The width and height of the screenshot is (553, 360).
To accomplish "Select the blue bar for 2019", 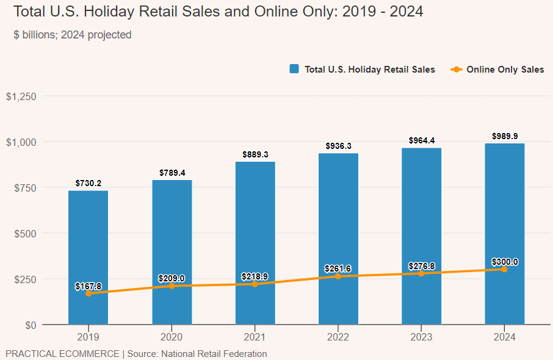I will coord(88,244).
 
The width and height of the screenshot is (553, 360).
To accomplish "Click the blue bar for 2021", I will coord(255,232).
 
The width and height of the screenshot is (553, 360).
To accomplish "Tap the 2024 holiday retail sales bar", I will coord(504,220).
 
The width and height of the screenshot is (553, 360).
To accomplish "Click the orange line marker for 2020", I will coord(172,286).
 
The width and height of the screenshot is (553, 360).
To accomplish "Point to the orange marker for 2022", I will coord(338,276).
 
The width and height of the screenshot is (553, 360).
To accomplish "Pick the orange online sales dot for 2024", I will coord(504,269).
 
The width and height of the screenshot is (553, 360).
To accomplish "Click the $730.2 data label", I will coord(88,183).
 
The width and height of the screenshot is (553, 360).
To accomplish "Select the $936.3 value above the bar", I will coord(338,146).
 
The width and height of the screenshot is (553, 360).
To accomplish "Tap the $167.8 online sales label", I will coord(88,286).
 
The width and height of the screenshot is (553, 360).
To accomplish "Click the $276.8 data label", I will coord(421,266).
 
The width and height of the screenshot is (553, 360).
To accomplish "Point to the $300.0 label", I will coord(504,262).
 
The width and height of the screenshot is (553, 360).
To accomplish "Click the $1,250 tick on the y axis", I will coord(21,96).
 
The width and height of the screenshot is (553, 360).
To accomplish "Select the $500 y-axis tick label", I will coord(26,233).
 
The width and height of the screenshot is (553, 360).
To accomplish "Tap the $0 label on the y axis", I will coord(31,325).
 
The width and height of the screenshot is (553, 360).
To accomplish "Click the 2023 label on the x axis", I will coord(421,337).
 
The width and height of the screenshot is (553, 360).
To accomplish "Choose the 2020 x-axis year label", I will coord(172,337).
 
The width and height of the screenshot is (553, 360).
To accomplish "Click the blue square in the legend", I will coord(294,70).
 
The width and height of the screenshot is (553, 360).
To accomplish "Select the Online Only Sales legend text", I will coord(505,70).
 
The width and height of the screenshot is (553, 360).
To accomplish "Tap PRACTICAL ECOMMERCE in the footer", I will coord(62,353).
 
